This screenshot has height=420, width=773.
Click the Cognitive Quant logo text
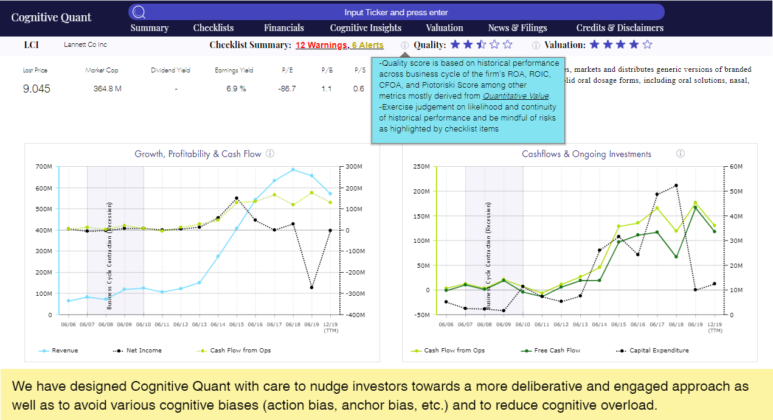point(51,17)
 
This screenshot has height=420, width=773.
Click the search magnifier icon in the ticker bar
point(139,12)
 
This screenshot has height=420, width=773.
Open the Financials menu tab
point(284,27)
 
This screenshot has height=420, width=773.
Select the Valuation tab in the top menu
point(445,27)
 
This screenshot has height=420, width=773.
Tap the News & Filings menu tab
point(518,27)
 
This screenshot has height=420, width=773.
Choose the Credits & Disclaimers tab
point(620,27)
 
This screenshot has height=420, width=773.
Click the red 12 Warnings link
point(321,45)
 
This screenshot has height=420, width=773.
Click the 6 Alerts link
point(368,45)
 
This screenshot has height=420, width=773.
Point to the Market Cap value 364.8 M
point(108,89)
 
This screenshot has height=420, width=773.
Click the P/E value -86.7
point(287,89)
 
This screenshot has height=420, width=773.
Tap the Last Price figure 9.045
point(36,89)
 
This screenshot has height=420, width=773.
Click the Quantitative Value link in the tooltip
point(516,96)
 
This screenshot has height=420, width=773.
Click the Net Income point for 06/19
point(312,287)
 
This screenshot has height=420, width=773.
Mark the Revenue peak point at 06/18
point(293,170)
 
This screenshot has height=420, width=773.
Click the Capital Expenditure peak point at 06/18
point(676,186)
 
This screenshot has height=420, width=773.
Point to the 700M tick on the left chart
point(43,167)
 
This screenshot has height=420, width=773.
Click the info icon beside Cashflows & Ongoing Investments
point(681,154)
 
